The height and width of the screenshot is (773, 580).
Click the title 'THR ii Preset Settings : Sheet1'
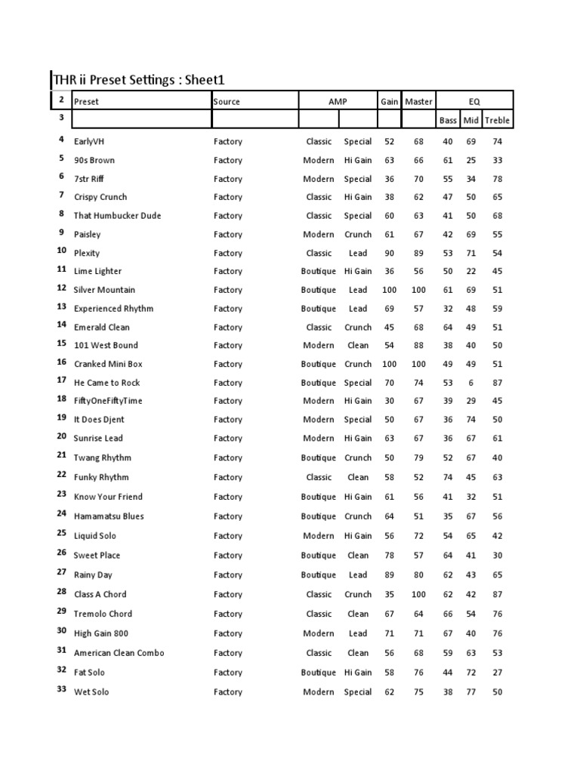[x=138, y=79]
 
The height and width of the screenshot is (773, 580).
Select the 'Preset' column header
[x=86, y=101]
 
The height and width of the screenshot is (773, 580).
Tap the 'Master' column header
[x=418, y=101]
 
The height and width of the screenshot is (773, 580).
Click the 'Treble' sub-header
[x=496, y=120]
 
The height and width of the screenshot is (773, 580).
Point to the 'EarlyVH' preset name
[x=90, y=141]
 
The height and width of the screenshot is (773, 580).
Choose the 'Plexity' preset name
[x=87, y=253]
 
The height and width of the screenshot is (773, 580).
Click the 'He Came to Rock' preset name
[x=106, y=383]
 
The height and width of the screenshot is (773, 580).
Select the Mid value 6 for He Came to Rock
[x=471, y=383]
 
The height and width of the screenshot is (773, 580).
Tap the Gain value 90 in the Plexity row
[x=389, y=253]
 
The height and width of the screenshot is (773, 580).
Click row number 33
[x=61, y=690]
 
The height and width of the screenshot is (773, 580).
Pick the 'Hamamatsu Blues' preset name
[x=109, y=516]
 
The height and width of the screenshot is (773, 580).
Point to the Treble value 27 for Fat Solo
[x=496, y=673]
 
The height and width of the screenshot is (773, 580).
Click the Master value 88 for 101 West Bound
[x=418, y=346]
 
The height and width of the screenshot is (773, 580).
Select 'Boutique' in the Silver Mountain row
[x=318, y=290]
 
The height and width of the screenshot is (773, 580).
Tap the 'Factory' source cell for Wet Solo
[x=227, y=692]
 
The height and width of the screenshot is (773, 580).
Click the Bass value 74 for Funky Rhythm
[x=448, y=477]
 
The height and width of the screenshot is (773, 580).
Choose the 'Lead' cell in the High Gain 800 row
[x=358, y=633]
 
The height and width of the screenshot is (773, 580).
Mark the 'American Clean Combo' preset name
[x=119, y=653]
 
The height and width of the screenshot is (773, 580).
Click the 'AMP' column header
[x=337, y=101]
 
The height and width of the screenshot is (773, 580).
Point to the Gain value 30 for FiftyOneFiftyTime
[x=389, y=401]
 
